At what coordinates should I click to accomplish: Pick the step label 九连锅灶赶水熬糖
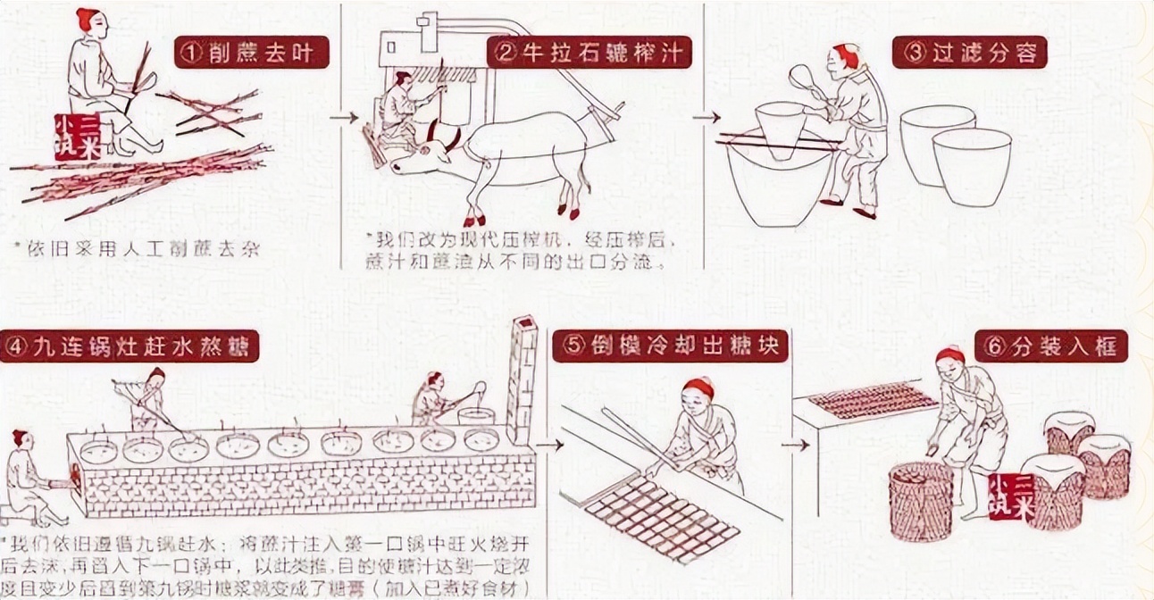(130, 346)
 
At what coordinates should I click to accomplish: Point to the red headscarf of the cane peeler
(87, 19)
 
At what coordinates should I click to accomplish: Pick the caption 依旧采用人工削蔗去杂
(137, 249)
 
